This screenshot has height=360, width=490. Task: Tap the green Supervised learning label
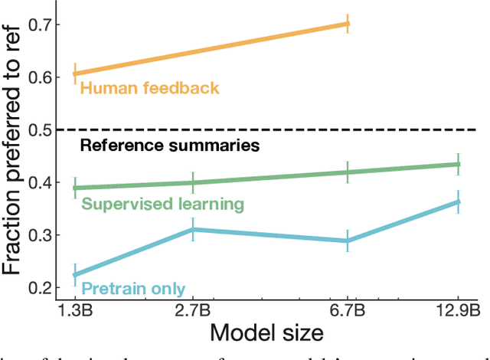pos(162,204)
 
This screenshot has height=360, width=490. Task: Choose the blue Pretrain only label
pos(133,289)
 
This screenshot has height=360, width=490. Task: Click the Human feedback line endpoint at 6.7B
pos(348,24)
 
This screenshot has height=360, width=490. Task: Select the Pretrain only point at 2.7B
pos(193,229)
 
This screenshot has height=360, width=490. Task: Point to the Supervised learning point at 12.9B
pos(458,164)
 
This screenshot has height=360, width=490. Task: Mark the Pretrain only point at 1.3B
pos(75,274)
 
